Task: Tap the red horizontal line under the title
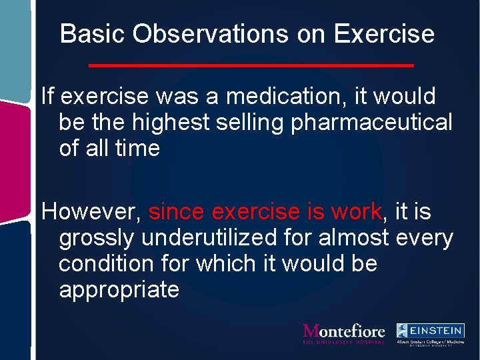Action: [x=251, y=65]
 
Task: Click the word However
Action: [x=91, y=212]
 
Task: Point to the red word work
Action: [x=355, y=212]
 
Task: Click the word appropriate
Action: [x=119, y=290]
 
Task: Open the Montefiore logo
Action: [x=343, y=333]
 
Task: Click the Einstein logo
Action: [x=430, y=334]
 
